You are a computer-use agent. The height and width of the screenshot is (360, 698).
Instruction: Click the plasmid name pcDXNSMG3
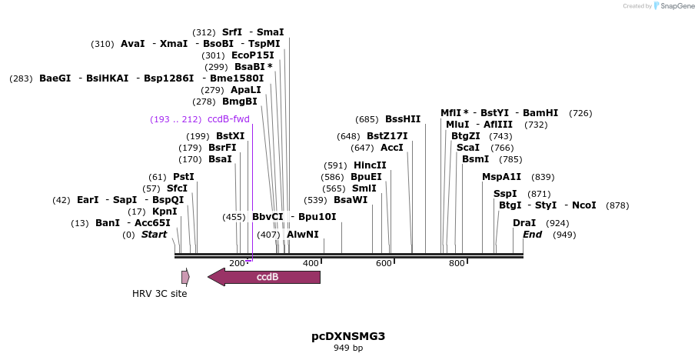[348, 336]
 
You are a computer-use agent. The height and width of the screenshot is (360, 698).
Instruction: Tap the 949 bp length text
[348, 348]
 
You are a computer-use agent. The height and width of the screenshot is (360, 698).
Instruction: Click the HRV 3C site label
[159, 293]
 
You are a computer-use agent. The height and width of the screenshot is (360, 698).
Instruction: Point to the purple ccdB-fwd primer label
[228, 119]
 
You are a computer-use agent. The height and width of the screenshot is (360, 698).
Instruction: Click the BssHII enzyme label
[403, 119]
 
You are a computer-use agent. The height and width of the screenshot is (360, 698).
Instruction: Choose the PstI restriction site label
[183, 177]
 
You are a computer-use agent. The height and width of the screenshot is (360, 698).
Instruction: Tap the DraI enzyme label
[524, 223]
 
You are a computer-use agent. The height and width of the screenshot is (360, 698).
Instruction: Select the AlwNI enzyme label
[302, 235]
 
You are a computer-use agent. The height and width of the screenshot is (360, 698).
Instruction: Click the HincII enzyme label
[370, 165]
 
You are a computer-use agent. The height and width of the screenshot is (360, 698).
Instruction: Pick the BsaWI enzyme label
[351, 200]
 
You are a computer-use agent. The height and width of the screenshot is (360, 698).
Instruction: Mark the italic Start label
[154, 235]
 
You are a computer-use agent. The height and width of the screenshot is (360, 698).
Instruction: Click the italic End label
[532, 235]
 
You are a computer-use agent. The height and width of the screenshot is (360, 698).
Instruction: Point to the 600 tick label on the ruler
[383, 264]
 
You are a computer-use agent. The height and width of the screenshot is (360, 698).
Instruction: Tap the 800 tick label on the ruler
[456, 264]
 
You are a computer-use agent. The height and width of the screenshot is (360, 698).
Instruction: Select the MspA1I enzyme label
[501, 177]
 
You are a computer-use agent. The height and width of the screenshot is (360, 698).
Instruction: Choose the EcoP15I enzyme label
[252, 55]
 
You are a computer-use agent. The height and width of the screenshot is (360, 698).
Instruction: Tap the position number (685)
[367, 119]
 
